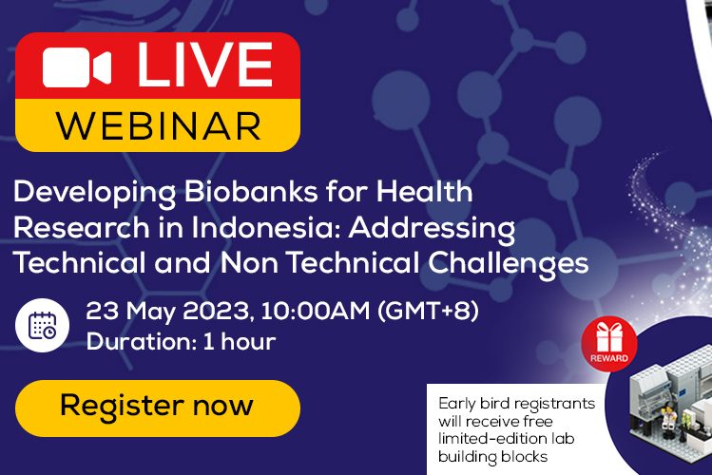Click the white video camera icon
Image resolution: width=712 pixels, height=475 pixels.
[x=77, y=67]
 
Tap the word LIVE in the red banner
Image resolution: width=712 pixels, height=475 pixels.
[x=204, y=65]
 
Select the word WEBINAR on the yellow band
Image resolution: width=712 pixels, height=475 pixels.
[x=159, y=125]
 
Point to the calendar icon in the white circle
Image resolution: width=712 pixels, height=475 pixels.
[x=42, y=325]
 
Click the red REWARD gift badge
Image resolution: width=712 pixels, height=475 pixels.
[x=609, y=344]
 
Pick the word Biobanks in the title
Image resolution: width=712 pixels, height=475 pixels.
[x=251, y=192]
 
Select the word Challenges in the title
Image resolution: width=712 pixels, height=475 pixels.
[x=509, y=263]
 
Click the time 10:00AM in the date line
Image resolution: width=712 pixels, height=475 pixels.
[x=316, y=312]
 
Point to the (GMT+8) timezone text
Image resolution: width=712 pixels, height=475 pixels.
[x=428, y=312]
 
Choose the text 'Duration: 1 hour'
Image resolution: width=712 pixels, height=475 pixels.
[x=182, y=342]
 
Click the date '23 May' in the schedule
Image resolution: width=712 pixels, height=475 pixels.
[x=130, y=313]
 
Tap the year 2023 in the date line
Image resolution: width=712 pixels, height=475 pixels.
[x=216, y=312]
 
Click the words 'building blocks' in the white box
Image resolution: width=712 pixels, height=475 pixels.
[x=492, y=456]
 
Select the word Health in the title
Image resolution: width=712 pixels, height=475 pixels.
[x=424, y=192]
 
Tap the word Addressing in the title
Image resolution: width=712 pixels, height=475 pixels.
[x=432, y=228]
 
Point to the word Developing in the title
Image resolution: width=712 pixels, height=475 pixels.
[x=95, y=192]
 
